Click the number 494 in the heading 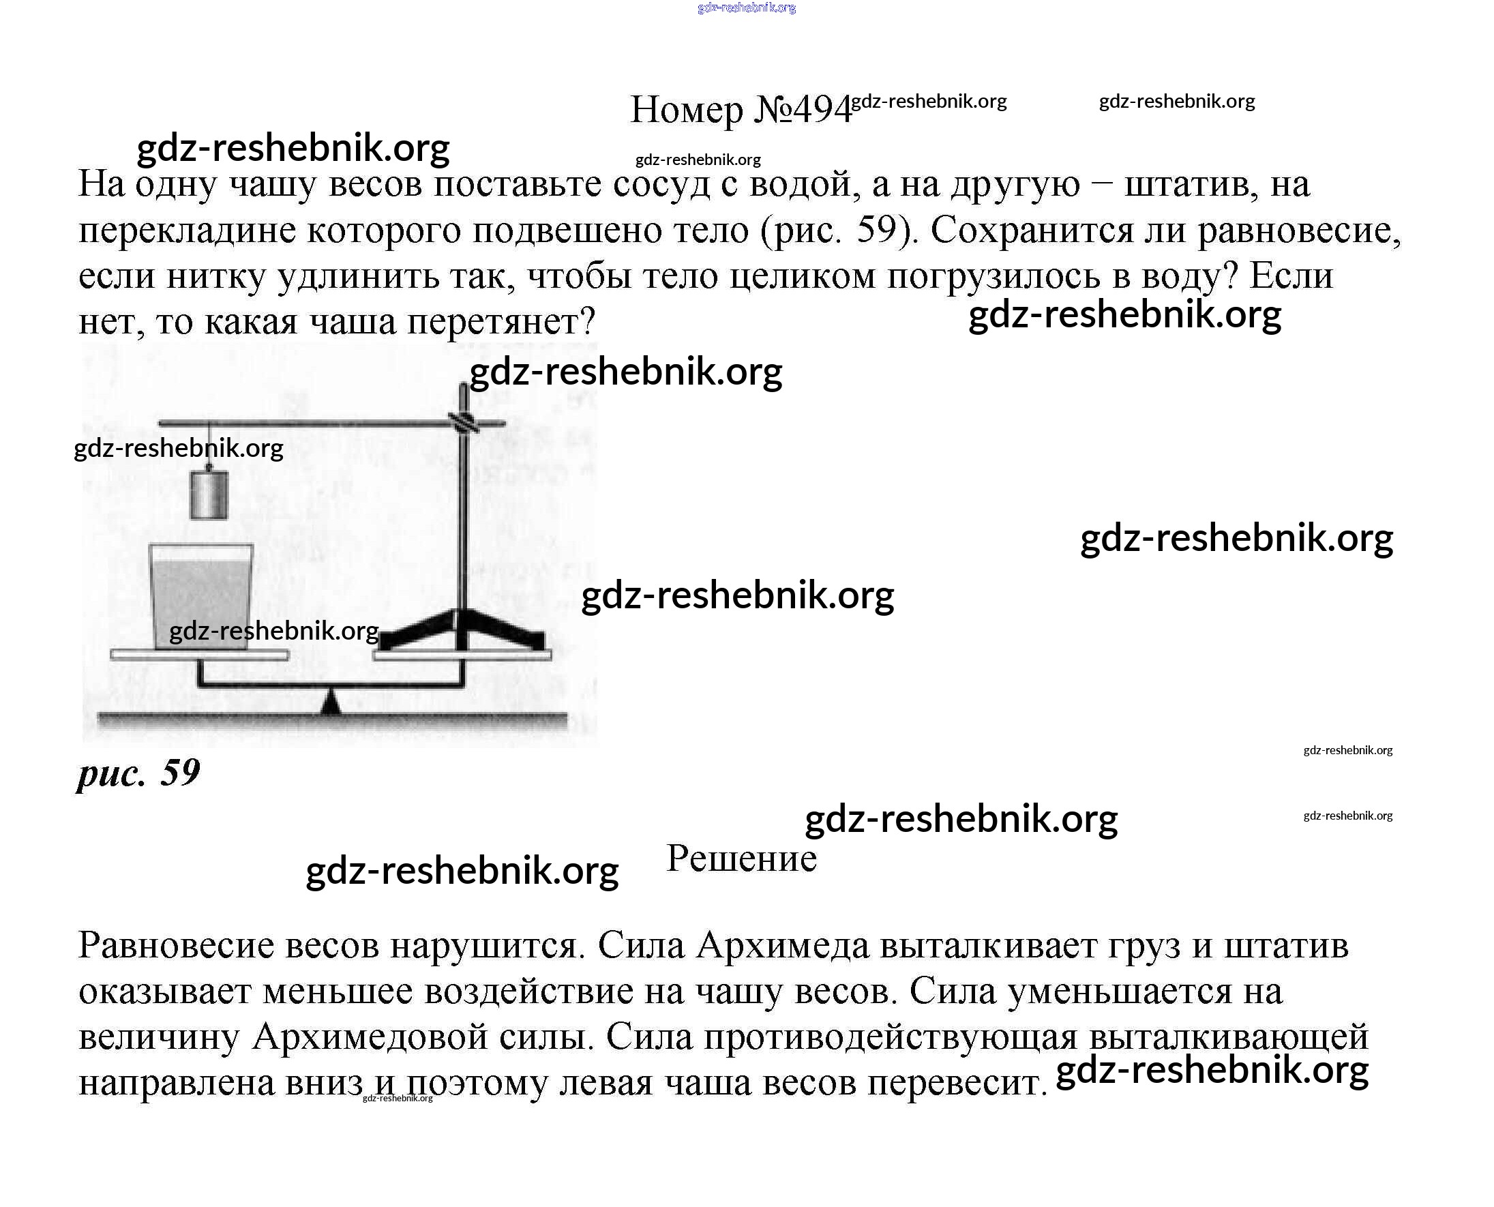click(822, 110)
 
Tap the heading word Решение click(741, 859)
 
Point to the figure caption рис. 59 click(138, 773)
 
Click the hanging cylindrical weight click(209, 495)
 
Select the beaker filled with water click(202, 597)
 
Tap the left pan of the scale click(199, 654)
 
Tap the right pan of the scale click(462, 655)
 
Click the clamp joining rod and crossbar click(464, 422)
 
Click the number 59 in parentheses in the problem click(878, 230)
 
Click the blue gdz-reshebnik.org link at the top click(746, 8)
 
